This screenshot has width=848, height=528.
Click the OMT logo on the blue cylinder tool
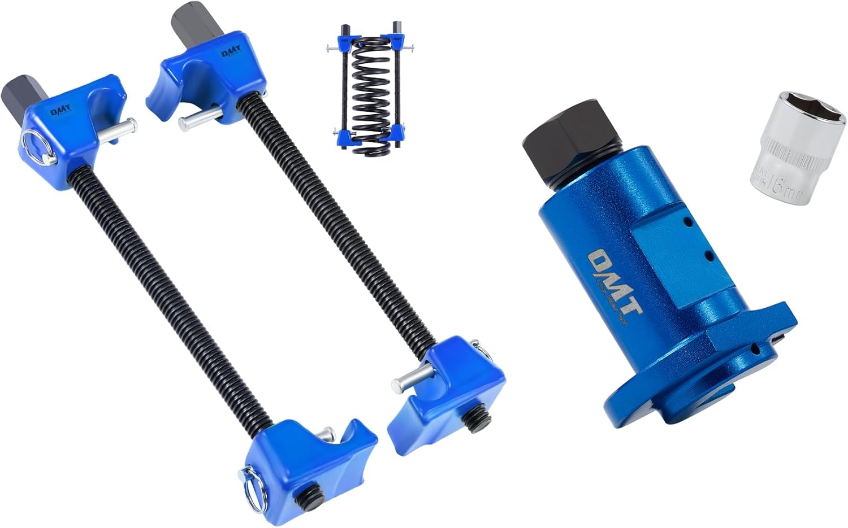pos(614,283)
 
